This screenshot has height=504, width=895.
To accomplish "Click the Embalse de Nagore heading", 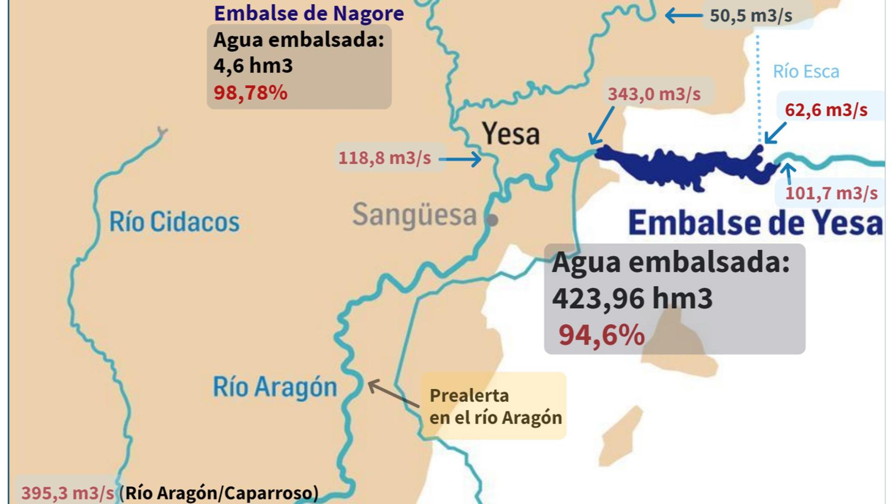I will pyautogui.click(x=309, y=13).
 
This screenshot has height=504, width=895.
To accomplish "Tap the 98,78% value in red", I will pyautogui.click(x=250, y=92).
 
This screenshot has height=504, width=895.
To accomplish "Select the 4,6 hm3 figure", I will pyautogui.click(x=253, y=65).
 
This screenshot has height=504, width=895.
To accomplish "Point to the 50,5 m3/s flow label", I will pyautogui.click(x=750, y=15).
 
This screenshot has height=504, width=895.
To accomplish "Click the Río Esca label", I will pyautogui.click(x=805, y=71).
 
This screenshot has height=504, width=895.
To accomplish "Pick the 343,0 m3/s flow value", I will pyautogui.click(x=654, y=94).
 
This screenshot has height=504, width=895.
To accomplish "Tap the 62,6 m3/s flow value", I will pyautogui.click(x=826, y=110).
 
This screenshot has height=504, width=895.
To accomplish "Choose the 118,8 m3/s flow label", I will pyautogui.click(x=385, y=158).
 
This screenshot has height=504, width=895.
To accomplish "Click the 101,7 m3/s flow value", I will pyautogui.click(x=831, y=193).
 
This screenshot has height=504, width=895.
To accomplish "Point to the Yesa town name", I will pyautogui.click(x=511, y=133).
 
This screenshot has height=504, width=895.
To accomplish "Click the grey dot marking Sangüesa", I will pyautogui.click(x=492, y=219).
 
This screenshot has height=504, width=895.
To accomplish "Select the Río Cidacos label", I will pyautogui.click(x=174, y=222).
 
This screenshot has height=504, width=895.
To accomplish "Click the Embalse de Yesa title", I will pyautogui.click(x=755, y=223).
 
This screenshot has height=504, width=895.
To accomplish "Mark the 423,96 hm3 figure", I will pyautogui.click(x=632, y=298).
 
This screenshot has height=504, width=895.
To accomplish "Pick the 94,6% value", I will pyautogui.click(x=601, y=335).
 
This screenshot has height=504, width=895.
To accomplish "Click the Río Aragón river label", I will pyautogui.click(x=275, y=387).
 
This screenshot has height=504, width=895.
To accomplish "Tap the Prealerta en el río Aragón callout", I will pyautogui.click(x=495, y=406).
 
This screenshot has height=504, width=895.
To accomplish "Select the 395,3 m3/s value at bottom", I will pyautogui.click(x=68, y=493).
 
